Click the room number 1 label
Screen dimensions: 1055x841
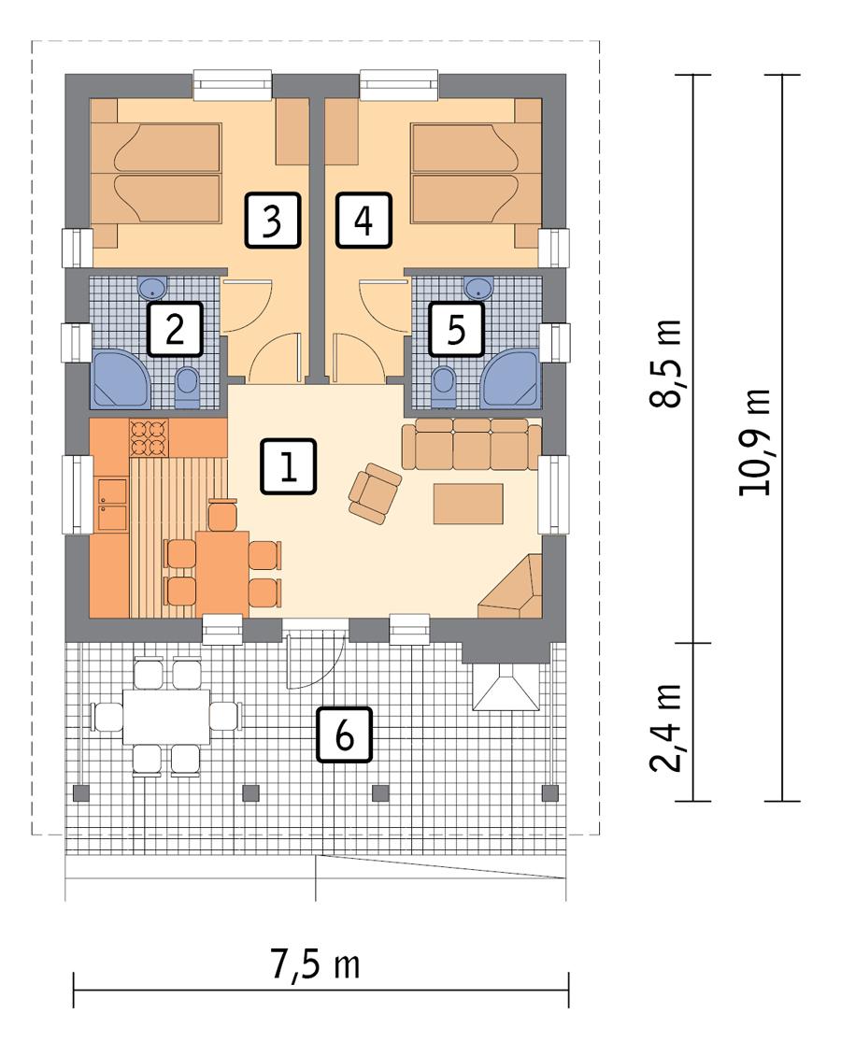tap(290, 466)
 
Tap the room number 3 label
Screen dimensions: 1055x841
tap(272, 220)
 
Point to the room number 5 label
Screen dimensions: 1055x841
tap(456, 329)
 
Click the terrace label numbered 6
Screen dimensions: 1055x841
tap(344, 735)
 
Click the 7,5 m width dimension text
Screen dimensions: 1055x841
tap(317, 965)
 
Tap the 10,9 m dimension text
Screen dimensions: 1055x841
tap(756, 441)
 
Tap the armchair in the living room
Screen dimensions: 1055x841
tap(374, 490)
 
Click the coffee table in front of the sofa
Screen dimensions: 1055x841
tap(468, 503)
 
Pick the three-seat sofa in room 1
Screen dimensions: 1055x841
tap(471, 444)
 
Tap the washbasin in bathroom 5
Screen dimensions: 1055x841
tap(479, 285)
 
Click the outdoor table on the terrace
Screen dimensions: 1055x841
tap(166, 716)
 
